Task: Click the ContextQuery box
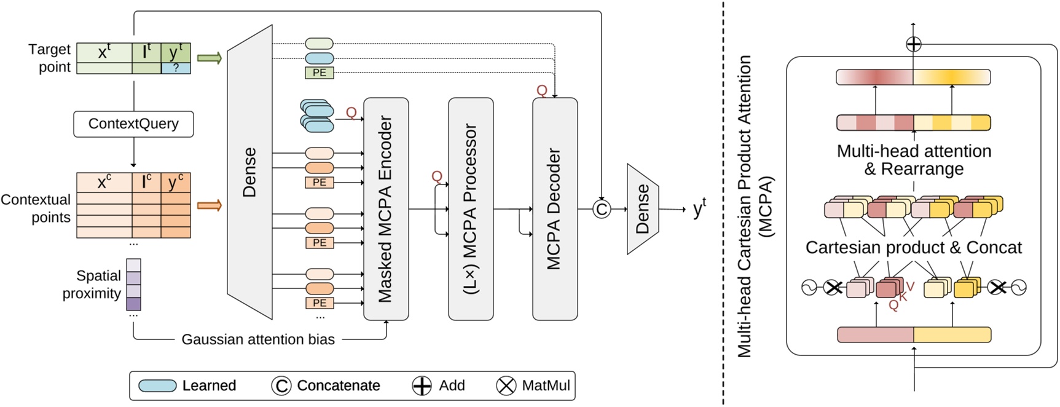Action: coord(133,124)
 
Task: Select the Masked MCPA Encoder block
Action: coord(386,209)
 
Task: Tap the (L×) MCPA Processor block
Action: coord(471,209)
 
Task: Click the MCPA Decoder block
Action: coord(555,209)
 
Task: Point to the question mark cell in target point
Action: coord(176,68)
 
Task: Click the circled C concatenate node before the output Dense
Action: coord(602,210)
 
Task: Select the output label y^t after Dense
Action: coord(699,209)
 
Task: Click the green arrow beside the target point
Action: coord(210,58)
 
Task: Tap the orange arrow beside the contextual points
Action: coord(210,205)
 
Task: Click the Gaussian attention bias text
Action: coord(258,339)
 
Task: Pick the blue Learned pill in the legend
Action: coord(158,385)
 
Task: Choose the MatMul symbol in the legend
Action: coord(506,385)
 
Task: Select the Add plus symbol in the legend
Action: coord(422,385)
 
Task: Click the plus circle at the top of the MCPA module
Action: coord(914,44)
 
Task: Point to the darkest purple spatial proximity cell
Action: coord(133,304)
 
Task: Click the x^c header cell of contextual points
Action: coord(104,182)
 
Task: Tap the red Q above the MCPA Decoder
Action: coord(541,91)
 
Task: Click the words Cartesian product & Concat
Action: coord(913,247)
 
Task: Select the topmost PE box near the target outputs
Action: coord(320,73)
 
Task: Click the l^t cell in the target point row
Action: coord(146,52)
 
